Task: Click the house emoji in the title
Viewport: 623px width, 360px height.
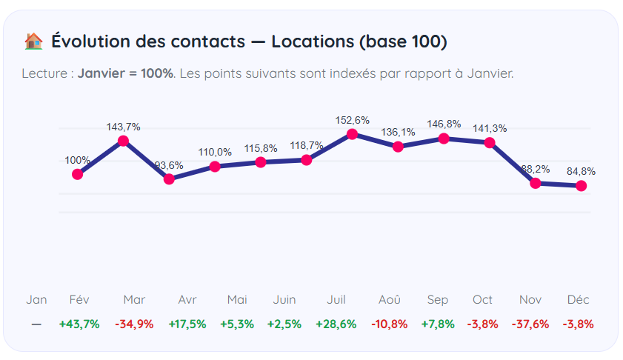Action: (x=33, y=41)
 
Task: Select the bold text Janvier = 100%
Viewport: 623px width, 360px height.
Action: (x=125, y=73)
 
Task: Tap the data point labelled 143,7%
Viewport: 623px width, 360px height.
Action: (x=124, y=141)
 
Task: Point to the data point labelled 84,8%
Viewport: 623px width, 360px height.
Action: (x=582, y=185)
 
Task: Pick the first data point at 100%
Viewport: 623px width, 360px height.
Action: (x=78, y=174)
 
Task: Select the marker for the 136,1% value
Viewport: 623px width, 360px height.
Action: (x=398, y=147)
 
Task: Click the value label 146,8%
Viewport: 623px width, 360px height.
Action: (x=444, y=124)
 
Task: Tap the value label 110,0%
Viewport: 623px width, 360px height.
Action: (x=215, y=152)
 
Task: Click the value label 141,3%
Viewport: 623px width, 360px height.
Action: (x=490, y=128)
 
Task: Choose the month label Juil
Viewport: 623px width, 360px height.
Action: (x=336, y=299)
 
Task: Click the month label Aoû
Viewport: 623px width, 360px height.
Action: (x=390, y=299)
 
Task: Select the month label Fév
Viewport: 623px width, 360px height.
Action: (x=79, y=299)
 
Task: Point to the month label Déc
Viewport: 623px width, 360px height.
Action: (x=578, y=299)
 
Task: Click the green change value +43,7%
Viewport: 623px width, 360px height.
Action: (x=79, y=324)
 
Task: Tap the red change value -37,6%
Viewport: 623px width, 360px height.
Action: (x=530, y=324)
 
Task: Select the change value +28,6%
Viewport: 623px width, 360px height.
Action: (x=336, y=324)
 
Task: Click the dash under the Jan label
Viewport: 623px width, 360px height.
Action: (x=36, y=324)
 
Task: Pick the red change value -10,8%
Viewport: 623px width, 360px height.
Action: (x=390, y=324)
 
